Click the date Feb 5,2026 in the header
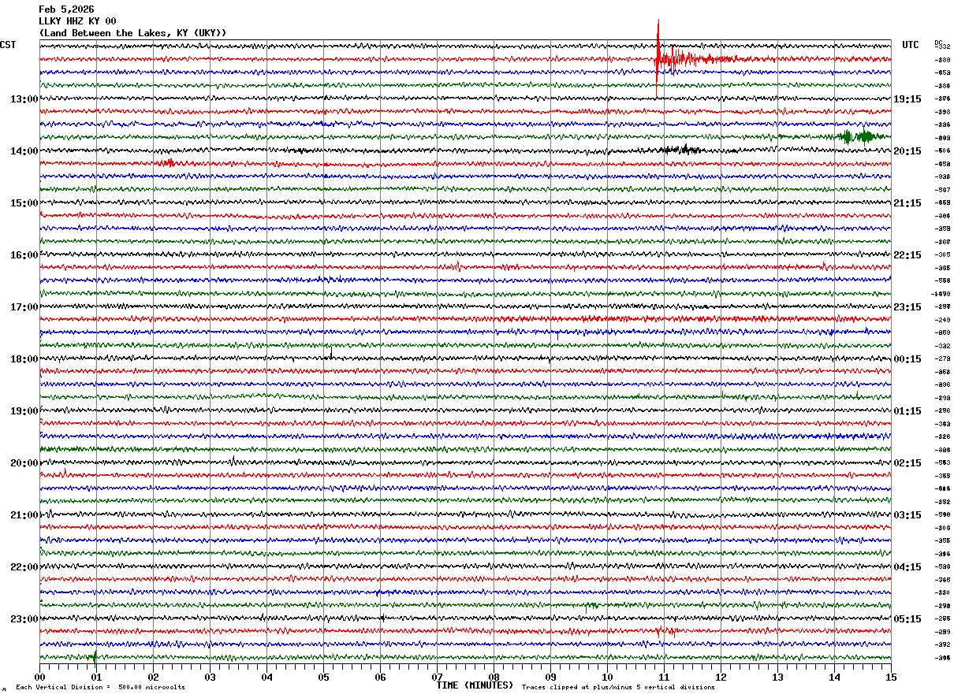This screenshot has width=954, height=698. pos(66,9)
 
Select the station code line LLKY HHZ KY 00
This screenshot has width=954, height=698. pos(77,21)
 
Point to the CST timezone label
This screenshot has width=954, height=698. pos(8,45)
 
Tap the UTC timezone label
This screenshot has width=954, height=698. pos(911,45)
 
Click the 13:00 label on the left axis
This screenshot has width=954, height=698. pos(24,99)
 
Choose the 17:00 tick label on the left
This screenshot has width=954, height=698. pos(24,307)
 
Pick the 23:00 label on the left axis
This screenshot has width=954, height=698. pos(24,619)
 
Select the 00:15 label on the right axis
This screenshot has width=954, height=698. pos(907,359)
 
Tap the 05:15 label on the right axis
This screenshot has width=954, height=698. pos(907,619)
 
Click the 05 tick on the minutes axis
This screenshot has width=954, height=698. pos(323,677)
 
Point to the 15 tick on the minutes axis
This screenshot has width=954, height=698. pos(891,677)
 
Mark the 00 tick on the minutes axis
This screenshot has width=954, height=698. pos(39,677)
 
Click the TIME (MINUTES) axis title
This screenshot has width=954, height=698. pos(475,685)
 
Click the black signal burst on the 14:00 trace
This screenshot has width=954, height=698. pos(678,150)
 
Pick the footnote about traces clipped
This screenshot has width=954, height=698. pos(618,688)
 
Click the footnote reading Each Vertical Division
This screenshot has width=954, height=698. pos(100,688)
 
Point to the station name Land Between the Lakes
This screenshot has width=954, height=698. pos(132,33)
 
